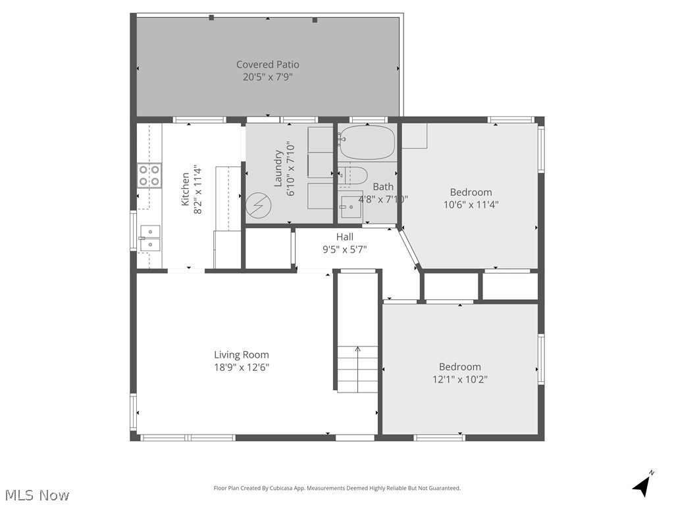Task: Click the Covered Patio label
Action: pyautogui.click(x=267, y=64)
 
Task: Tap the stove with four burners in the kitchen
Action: pyautogui.click(x=149, y=176)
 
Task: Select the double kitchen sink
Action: pyautogui.click(x=149, y=237)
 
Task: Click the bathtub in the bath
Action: pyautogui.click(x=367, y=143)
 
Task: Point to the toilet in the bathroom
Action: pyautogui.click(x=353, y=176)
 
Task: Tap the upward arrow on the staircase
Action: pyautogui.click(x=358, y=350)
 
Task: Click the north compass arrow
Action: pyautogui.click(x=643, y=485)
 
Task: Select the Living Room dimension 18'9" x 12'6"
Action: pyautogui.click(x=241, y=368)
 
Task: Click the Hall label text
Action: pyautogui.click(x=344, y=237)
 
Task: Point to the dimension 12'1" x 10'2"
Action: pyautogui.click(x=459, y=379)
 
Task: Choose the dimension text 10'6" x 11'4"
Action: pyautogui.click(x=471, y=204)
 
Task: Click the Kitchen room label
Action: pyautogui.click(x=186, y=189)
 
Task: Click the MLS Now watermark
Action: pyautogui.click(x=37, y=494)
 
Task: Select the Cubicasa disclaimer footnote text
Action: pyautogui.click(x=337, y=488)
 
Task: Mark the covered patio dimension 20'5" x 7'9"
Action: pyautogui.click(x=267, y=77)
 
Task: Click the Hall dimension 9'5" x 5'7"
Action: pyautogui.click(x=344, y=249)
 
